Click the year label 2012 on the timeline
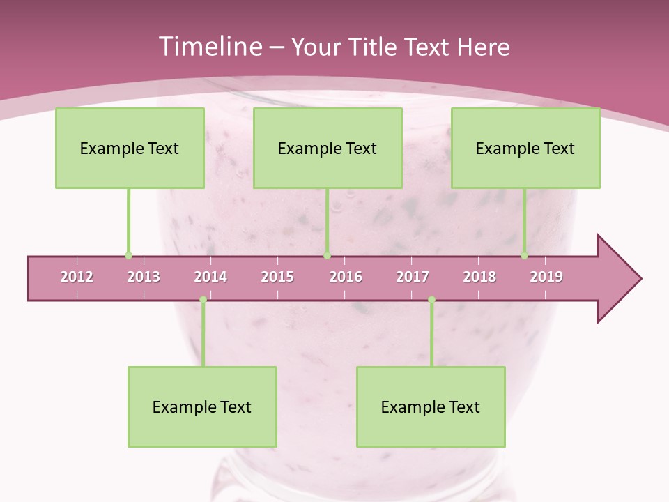click(x=77, y=277)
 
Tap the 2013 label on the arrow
click(x=144, y=277)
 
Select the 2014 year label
click(x=210, y=277)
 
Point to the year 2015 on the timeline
click(x=277, y=277)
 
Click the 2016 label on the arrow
click(x=346, y=277)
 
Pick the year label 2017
click(x=413, y=277)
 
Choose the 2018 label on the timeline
click(x=479, y=277)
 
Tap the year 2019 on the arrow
click(x=546, y=277)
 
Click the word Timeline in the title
click(x=209, y=47)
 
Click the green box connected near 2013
click(x=130, y=148)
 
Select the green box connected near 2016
click(x=328, y=148)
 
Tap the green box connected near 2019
click(x=525, y=148)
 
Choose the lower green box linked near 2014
click(x=202, y=406)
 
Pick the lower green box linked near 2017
click(x=431, y=406)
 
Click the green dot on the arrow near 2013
click(x=128, y=256)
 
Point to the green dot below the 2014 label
click(x=203, y=300)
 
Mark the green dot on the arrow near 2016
click(x=328, y=256)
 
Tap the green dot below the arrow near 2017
click(x=431, y=300)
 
